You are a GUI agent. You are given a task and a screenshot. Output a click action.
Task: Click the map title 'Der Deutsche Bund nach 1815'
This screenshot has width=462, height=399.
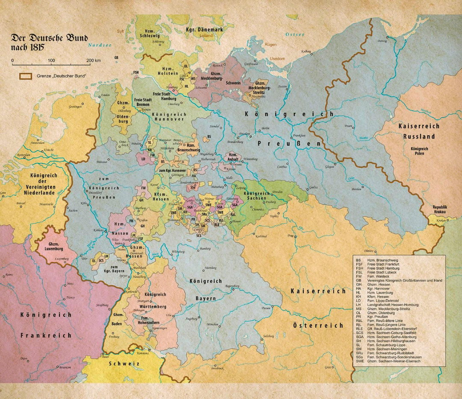click(49, 42)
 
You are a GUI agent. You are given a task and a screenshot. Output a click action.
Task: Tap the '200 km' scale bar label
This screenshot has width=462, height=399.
click(93, 61)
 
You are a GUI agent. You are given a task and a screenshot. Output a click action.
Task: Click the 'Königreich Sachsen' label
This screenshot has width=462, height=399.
click(257, 196)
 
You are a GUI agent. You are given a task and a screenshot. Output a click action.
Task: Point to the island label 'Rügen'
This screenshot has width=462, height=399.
click(271, 44)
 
